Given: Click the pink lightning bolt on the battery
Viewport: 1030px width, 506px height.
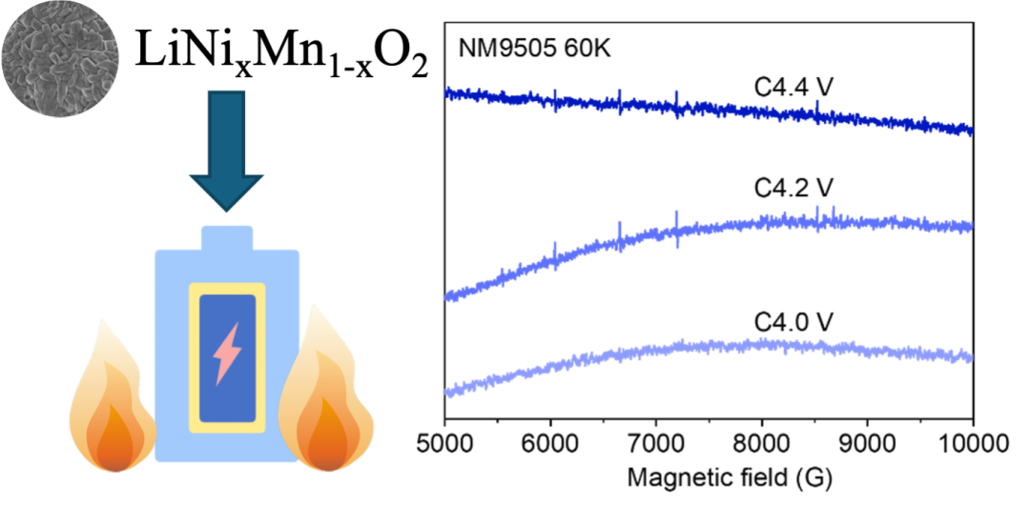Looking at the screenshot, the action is pyautogui.click(x=226, y=353).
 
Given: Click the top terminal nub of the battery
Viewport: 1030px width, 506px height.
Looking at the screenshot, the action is pyautogui.click(x=227, y=238).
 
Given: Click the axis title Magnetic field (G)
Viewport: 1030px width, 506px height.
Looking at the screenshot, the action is pyautogui.click(x=709, y=480).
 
